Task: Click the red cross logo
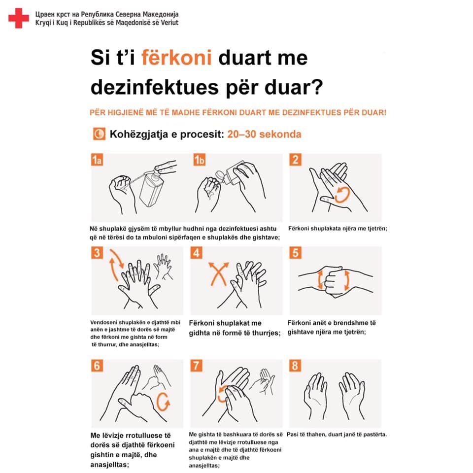[19, 18]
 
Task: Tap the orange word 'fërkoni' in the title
[176, 57]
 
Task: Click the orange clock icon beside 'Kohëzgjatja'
[99, 134]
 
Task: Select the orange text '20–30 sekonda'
[264, 134]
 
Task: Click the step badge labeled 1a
[97, 160]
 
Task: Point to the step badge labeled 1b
[200, 160]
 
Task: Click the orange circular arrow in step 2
[342, 195]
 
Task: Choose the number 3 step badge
[97, 252]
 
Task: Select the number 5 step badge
[295, 253]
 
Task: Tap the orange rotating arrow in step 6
[164, 402]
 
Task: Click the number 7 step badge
[197, 366]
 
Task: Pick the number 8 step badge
[295, 366]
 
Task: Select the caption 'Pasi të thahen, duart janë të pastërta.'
[337, 435]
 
